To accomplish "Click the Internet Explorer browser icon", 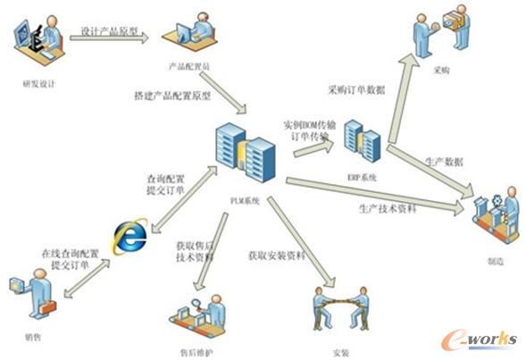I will (129, 237).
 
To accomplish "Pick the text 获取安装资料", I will (277, 255).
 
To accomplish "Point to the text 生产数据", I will (444, 162).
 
